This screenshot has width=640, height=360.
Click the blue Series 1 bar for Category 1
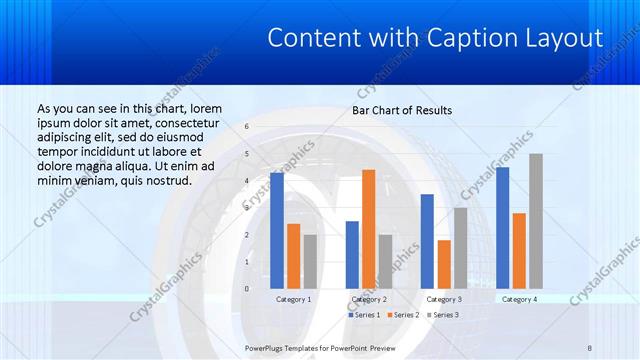click(277, 230)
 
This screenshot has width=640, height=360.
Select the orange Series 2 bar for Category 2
click(369, 229)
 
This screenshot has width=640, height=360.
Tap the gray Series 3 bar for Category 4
click(536, 221)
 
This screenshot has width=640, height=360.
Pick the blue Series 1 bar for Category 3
click(427, 241)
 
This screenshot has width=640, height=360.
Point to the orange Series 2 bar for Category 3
click(444, 264)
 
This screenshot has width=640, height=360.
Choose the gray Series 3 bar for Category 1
click(310, 261)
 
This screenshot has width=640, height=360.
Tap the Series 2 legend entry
click(402, 315)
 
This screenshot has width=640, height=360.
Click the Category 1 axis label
click(294, 299)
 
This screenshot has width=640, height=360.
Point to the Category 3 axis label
click(444, 299)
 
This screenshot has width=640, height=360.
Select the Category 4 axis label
click(519, 299)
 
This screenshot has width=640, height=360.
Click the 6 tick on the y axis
click(247, 127)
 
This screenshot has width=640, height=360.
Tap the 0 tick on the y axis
click(247, 289)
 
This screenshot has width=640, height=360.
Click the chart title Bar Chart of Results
click(402, 110)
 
